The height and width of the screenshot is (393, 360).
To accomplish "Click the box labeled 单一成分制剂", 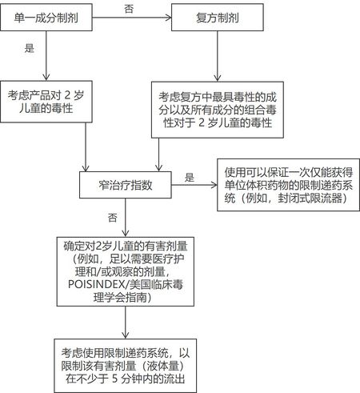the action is click(x=46, y=18).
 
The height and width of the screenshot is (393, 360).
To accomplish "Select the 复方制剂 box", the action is click(x=218, y=18).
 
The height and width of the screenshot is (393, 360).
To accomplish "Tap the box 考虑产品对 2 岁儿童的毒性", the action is click(x=46, y=102).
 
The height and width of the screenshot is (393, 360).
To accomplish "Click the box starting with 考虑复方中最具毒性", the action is click(x=218, y=110).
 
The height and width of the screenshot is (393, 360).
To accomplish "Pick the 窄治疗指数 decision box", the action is click(x=126, y=185).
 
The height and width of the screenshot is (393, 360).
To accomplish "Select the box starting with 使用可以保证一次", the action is click(x=288, y=185).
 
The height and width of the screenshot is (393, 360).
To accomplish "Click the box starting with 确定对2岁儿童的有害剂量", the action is click(x=126, y=271).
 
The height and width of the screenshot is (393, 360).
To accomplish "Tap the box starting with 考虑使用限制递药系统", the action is click(x=126, y=366).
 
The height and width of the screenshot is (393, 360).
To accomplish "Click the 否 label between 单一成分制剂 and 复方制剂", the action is click(x=129, y=9).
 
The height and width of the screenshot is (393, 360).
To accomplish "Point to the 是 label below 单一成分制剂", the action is click(x=30, y=48).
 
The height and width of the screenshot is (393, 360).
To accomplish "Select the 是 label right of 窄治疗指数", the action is click(x=190, y=178).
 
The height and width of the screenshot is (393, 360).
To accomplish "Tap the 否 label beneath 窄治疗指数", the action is click(x=113, y=218).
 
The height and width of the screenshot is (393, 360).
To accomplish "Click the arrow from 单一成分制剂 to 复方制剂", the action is click(x=132, y=18).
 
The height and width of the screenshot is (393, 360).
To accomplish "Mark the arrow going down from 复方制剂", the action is click(x=218, y=56).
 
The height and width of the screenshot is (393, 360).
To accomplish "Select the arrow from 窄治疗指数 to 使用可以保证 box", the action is click(x=194, y=185).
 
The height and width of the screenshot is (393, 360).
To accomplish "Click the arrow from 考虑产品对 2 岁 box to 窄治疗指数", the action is click(x=86, y=147).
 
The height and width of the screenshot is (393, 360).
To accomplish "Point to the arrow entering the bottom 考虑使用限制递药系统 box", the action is click(x=126, y=323).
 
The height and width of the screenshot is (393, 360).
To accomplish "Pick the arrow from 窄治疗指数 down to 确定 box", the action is click(x=126, y=218).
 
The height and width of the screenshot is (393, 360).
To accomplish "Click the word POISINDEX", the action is click(x=97, y=284).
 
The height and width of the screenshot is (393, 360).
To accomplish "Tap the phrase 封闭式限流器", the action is click(x=310, y=199).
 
